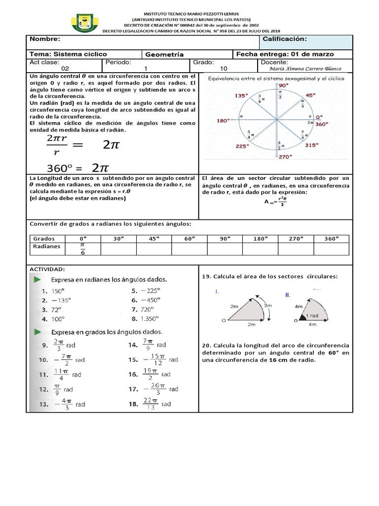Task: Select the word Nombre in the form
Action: [x=45, y=40]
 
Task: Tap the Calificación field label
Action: [x=285, y=40]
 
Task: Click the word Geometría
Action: [x=165, y=54]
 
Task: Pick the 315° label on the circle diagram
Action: [x=312, y=145]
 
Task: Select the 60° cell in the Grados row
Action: [x=189, y=238]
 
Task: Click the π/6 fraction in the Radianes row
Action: [x=82, y=249]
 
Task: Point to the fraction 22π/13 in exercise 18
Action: [x=150, y=404]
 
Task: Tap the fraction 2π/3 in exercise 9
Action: [x=58, y=345]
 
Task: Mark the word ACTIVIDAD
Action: [x=47, y=269]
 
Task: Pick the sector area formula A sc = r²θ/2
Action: [x=275, y=201]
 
